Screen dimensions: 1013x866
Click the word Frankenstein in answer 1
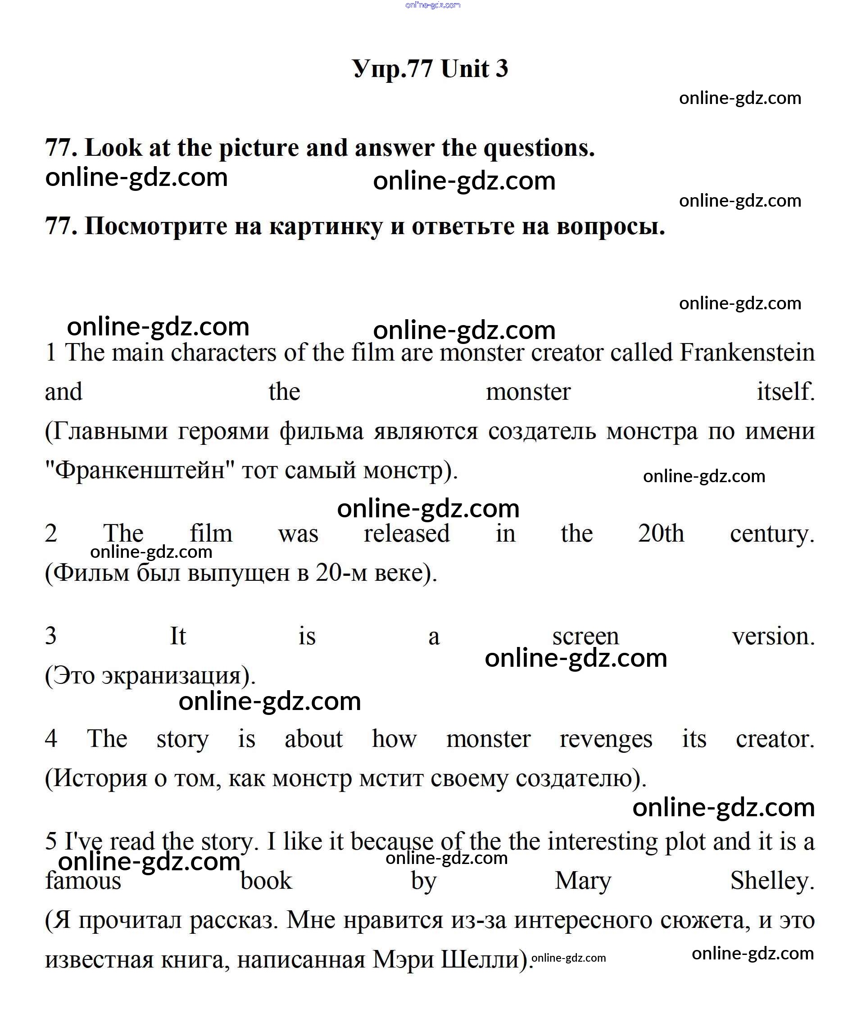click(x=747, y=353)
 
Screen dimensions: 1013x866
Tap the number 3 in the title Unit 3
click(x=502, y=68)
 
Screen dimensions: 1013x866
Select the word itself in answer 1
click(x=785, y=392)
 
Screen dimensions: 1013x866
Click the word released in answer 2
click(x=406, y=534)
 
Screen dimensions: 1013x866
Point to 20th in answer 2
click(x=661, y=534)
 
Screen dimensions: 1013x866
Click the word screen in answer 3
click(x=585, y=637)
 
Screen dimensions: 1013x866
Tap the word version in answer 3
click(x=773, y=637)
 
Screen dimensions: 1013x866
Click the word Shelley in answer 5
click(x=771, y=881)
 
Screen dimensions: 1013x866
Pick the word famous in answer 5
click(x=83, y=881)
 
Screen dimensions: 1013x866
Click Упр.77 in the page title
click(x=393, y=68)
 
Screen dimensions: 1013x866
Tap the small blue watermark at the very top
click(x=433, y=5)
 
